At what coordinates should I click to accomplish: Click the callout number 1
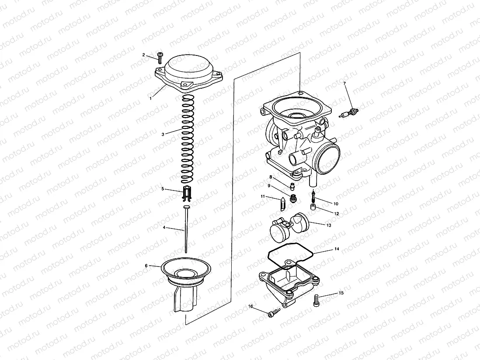[150, 99]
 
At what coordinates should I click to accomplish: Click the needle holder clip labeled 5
[188, 192]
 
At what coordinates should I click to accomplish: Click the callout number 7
[344, 83]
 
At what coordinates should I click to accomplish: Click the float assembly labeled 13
[336, 249]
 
